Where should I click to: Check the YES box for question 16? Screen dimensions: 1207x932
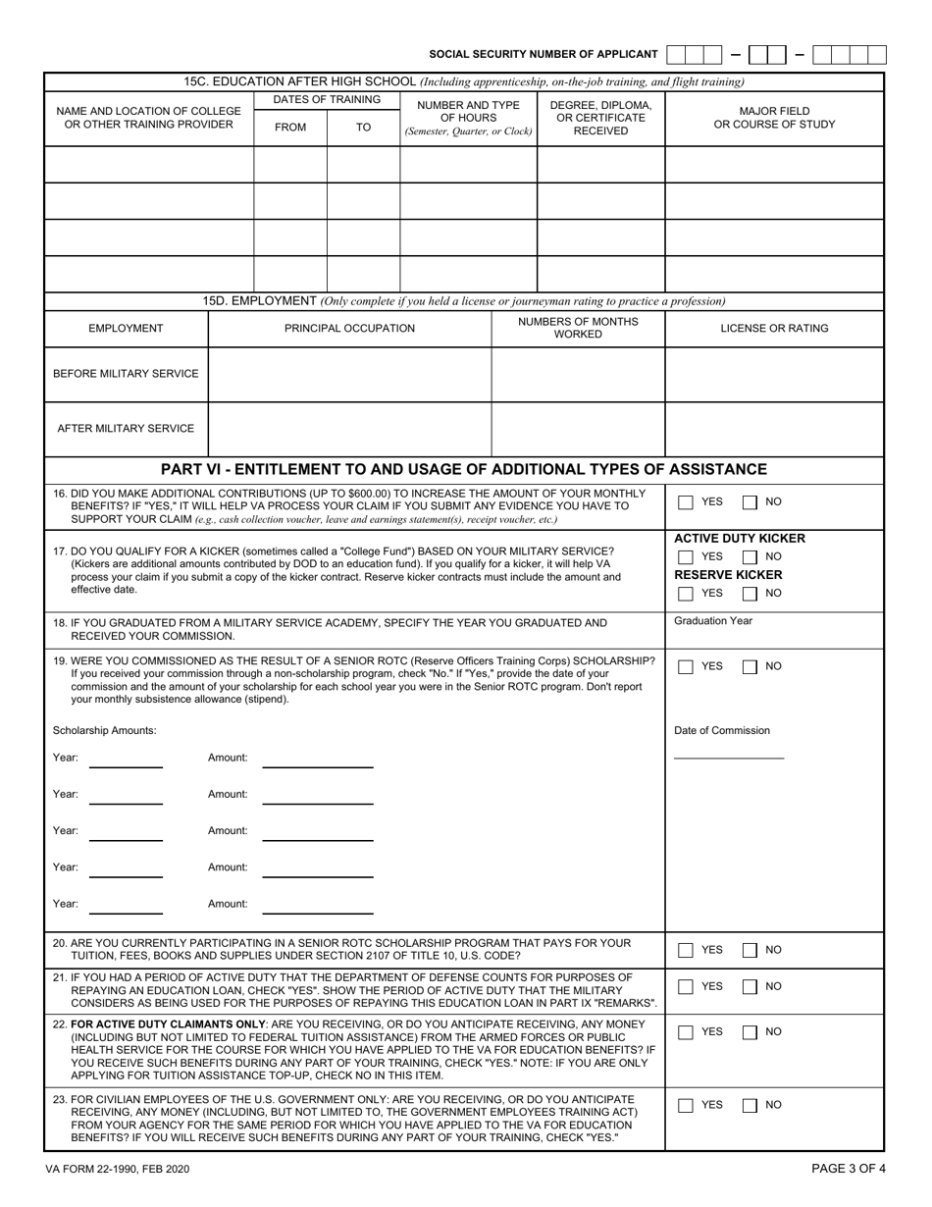687,502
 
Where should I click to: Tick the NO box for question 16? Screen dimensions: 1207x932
750,502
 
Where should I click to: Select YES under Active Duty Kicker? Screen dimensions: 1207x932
687,557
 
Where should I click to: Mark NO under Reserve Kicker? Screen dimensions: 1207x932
750,594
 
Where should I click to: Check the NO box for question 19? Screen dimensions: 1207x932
750,667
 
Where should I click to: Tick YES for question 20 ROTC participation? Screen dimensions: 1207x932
687,950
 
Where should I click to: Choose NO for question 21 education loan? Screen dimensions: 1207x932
750,986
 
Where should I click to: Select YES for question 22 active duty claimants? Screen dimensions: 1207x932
687,1032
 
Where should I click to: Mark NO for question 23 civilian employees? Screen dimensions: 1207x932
750,1105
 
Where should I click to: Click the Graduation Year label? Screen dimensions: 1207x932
713,621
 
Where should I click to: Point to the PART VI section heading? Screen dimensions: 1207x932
463,470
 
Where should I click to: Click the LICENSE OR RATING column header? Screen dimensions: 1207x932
774,328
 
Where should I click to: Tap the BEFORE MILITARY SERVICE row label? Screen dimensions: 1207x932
126,374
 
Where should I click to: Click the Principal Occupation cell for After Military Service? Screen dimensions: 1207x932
349,429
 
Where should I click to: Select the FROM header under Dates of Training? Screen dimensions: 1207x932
290,128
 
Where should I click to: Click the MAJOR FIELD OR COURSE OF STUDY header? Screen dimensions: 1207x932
774,118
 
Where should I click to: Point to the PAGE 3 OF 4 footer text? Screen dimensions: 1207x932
849,1169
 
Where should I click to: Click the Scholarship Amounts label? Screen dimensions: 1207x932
104,730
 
